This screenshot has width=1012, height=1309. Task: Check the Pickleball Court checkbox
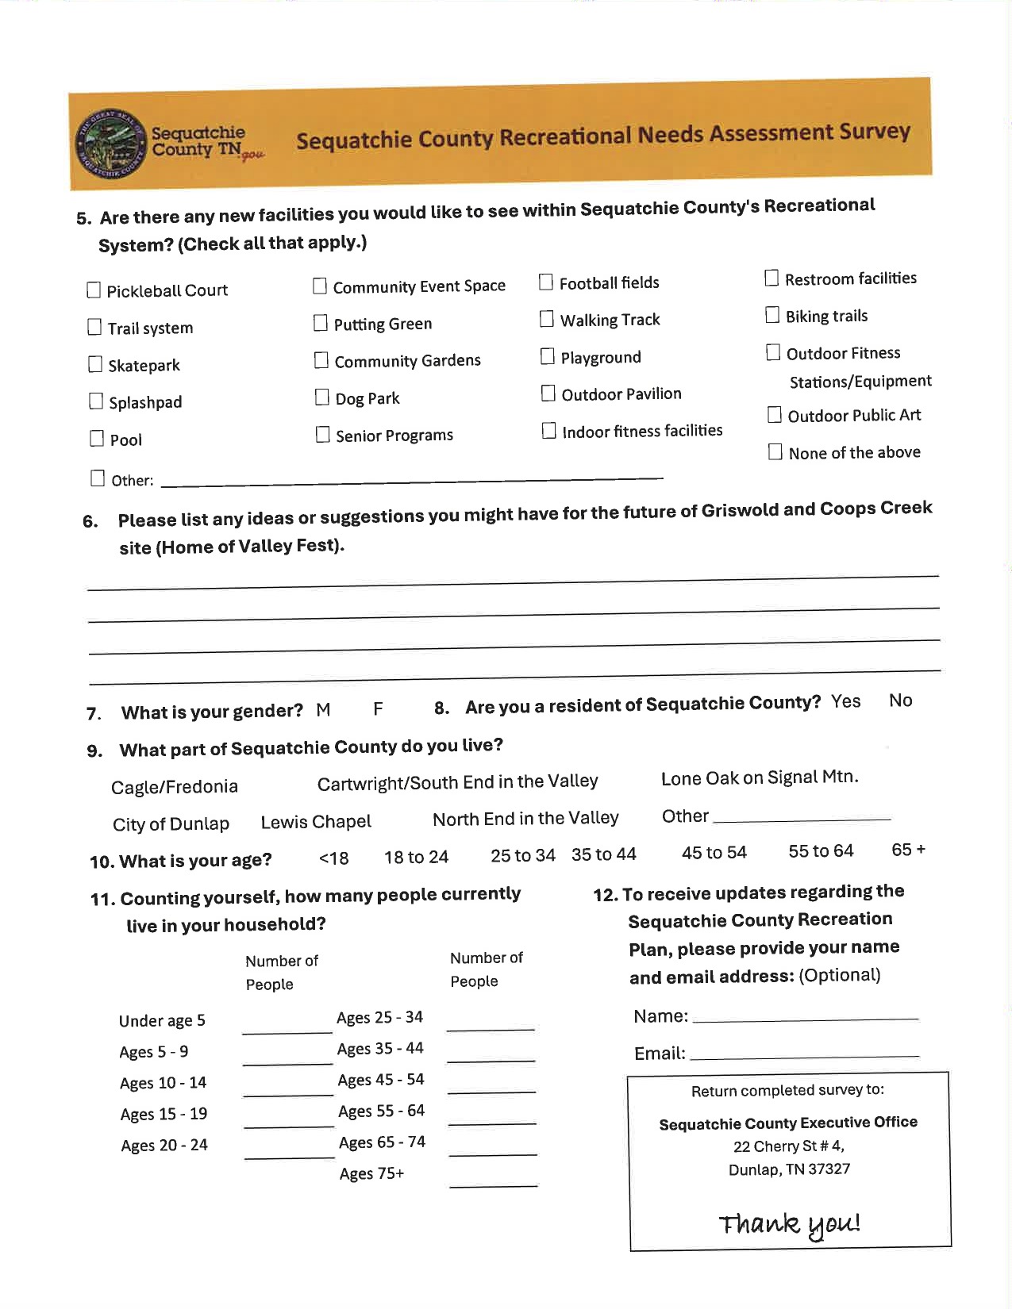[x=94, y=290]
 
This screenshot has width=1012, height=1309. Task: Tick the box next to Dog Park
[x=321, y=397]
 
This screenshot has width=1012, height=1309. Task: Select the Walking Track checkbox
[x=547, y=319]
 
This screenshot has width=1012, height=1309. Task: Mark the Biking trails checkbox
[x=772, y=315]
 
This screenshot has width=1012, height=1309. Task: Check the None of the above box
[x=775, y=452]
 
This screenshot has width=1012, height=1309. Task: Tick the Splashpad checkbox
[x=96, y=401]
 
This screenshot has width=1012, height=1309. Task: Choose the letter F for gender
[x=378, y=708]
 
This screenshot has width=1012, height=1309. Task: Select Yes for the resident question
[x=845, y=701]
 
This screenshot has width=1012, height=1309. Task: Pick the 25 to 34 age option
[x=522, y=855]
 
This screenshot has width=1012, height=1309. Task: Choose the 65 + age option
[x=908, y=850]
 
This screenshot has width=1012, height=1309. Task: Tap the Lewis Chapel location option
[x=316, y=822]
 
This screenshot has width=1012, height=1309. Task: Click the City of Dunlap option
[x=171, y=824]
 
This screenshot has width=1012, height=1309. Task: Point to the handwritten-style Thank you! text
[x=789, y=1224]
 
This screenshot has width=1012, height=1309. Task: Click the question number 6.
[x=90, y=521]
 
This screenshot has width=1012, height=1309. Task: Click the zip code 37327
[x=829, y=1169]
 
